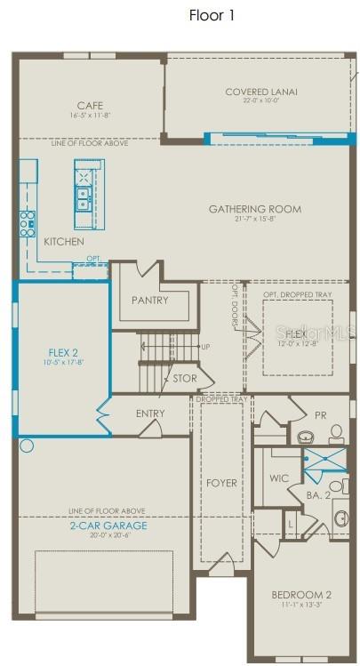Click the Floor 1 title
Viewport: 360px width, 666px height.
click(x=212, y=15)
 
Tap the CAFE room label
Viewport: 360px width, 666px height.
click(x=90, y=106)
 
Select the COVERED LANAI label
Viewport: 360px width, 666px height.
click(x=260, y=92)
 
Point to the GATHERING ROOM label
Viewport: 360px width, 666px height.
click(x=254, y=209)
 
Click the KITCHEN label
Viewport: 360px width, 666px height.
click(x=64, y=242)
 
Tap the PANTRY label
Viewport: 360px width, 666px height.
click(x=149, y=301)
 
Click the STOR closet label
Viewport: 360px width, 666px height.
click(x=185, y=379)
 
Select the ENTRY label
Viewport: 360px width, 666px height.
click(x=150, y=413)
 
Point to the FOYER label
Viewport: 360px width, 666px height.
click(x=222, y=483)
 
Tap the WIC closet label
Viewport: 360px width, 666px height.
click(x=279, y=478)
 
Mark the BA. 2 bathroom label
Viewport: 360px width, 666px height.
click(x=319, y=494)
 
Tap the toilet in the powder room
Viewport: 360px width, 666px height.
click(x=336, y=435)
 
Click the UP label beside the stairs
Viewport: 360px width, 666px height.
click(x=206, y=347)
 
